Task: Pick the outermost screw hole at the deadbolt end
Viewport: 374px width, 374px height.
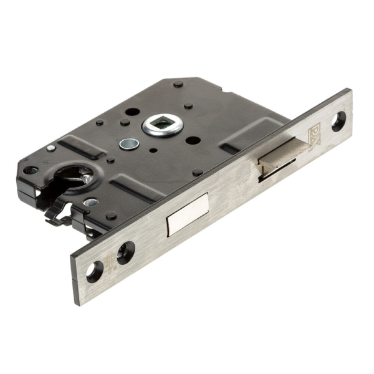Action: click(x=95, y=270)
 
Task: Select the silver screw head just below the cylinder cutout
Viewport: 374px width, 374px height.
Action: click(x=90, y=203)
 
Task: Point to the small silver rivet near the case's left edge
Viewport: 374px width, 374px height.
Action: click(x=50, y=148)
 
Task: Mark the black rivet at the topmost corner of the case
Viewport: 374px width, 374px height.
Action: click(x=178, y=84)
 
